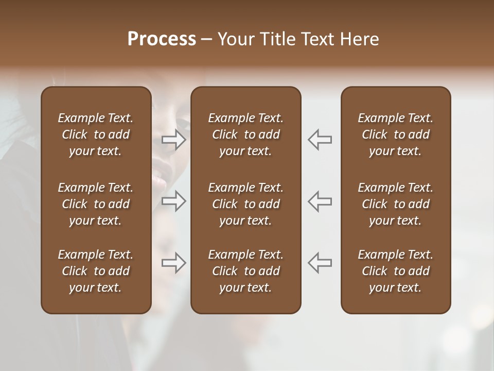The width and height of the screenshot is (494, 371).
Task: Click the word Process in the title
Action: click(162, 39)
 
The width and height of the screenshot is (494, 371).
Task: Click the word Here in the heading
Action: click(359, 39)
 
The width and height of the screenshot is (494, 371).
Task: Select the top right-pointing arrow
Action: click(174, 140)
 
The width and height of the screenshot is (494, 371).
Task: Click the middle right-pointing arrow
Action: click(174, 201)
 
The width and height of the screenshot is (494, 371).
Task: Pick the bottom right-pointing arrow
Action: click(174, 263)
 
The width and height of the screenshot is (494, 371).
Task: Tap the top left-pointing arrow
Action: click(320, 140)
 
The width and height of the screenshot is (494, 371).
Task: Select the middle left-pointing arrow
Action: click(320, 201)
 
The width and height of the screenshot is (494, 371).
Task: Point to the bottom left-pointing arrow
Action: click(320, 263)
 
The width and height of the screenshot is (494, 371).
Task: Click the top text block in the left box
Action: click(96, 134)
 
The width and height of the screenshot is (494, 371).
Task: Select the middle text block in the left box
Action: click(96, 204)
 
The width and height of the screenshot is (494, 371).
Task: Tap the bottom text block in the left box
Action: click(96, 271)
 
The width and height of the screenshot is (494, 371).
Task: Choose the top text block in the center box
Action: click(245, 134)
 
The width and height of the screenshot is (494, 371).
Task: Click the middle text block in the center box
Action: click(245, 204)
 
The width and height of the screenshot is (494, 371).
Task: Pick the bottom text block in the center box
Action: click(245, 271)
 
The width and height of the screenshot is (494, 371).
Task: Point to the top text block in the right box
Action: click(395, 134)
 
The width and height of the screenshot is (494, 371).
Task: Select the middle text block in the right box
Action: click(395, 204)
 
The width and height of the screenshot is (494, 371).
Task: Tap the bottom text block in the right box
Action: click(395, 271)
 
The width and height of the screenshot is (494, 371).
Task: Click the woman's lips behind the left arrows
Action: click(158, 181)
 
